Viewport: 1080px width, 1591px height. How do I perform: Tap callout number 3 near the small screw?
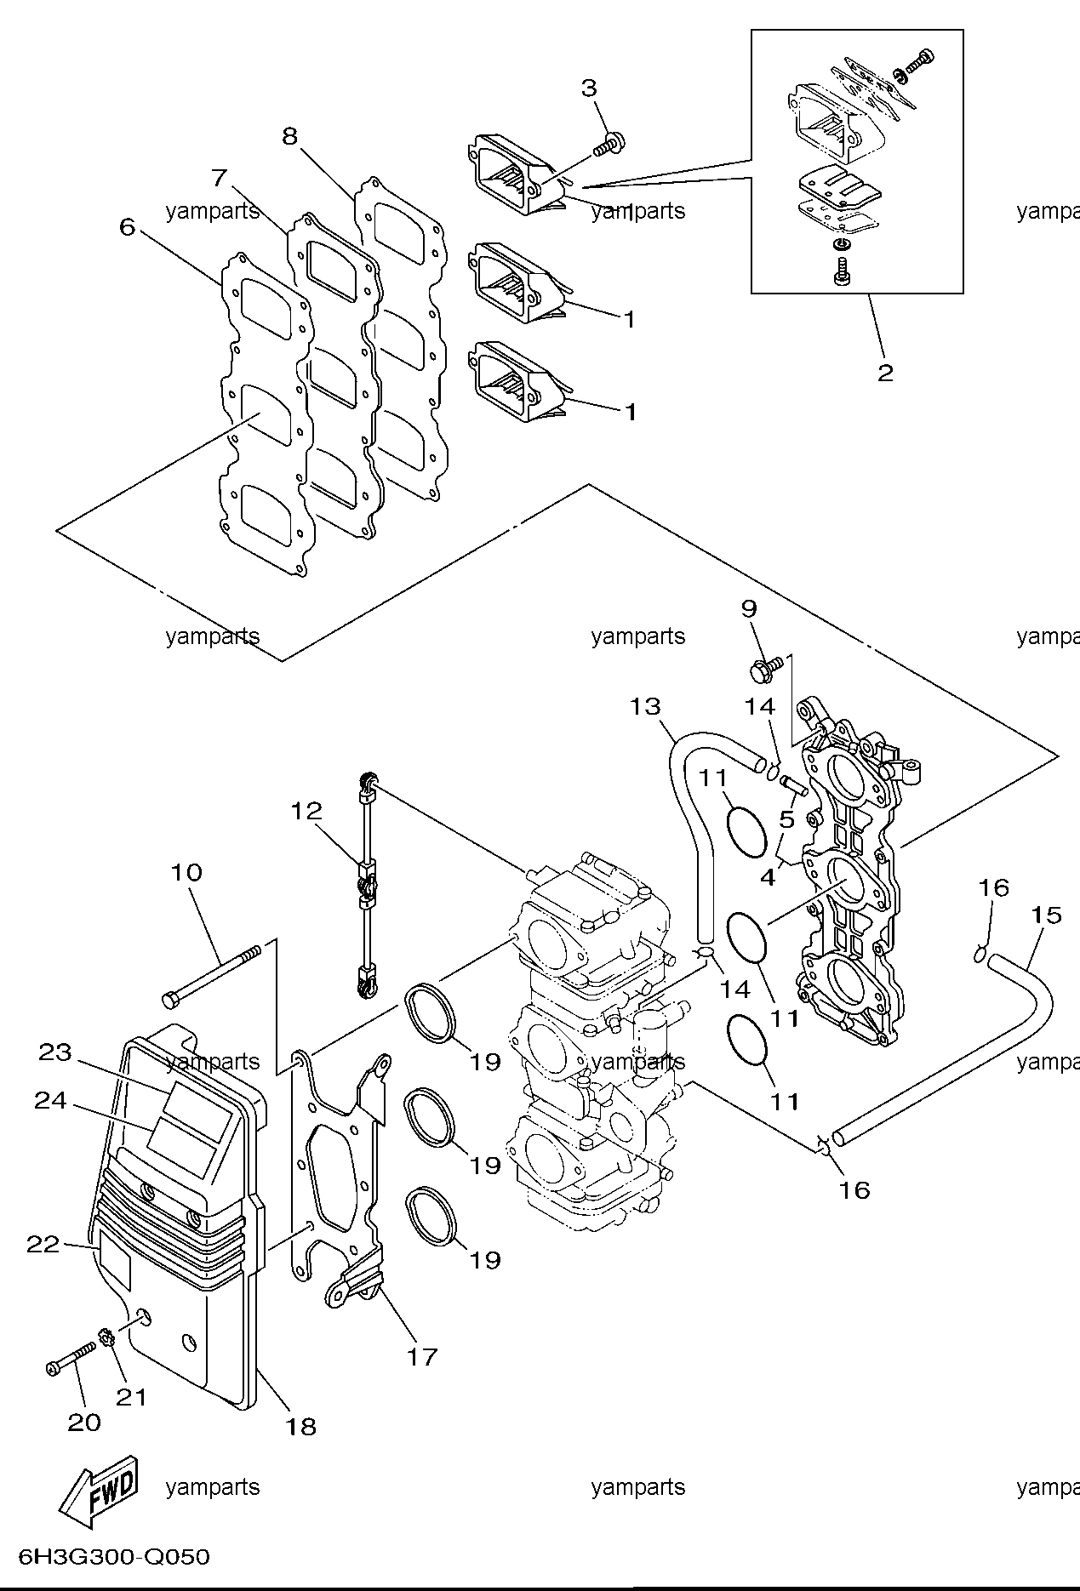589,88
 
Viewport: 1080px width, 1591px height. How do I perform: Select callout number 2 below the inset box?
886,372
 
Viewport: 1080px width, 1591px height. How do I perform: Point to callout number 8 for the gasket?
290,135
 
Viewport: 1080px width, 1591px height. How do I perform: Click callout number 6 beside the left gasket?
128,226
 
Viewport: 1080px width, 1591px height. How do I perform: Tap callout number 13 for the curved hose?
646,706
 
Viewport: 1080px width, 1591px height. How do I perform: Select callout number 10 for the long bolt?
186,872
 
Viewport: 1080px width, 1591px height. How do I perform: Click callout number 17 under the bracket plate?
422,1356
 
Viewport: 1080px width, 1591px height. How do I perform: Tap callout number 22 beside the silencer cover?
43,1245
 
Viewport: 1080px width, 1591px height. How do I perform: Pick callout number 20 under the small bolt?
84,1422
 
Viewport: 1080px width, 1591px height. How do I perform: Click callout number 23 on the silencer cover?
55,1052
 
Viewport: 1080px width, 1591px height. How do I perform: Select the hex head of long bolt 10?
169,996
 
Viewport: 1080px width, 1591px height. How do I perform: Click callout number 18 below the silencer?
301,1427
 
